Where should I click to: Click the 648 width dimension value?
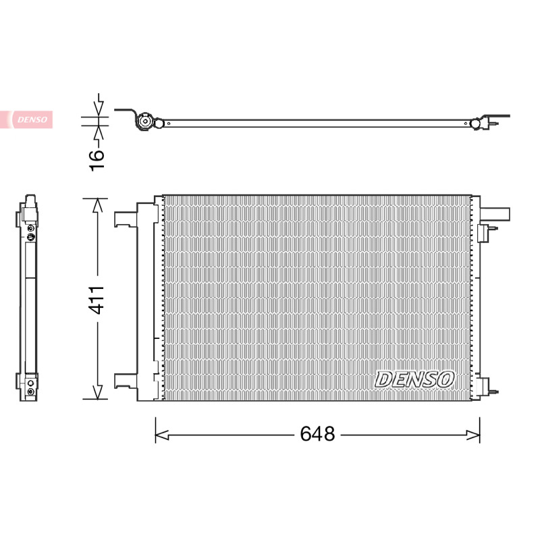(x=317, y=433)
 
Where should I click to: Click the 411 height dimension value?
(x=97, y=300)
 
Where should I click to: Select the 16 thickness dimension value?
(x=97, y=159)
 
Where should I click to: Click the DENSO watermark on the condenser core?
(x=414, y=379)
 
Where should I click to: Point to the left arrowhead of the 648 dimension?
(x=161, y=435)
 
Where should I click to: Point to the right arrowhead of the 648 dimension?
(x=473, y=435)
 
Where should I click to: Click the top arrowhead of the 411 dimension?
(x=98, y=205)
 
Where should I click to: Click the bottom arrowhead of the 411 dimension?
(x=98, y=392)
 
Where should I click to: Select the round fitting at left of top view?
(x=144, y=122)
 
